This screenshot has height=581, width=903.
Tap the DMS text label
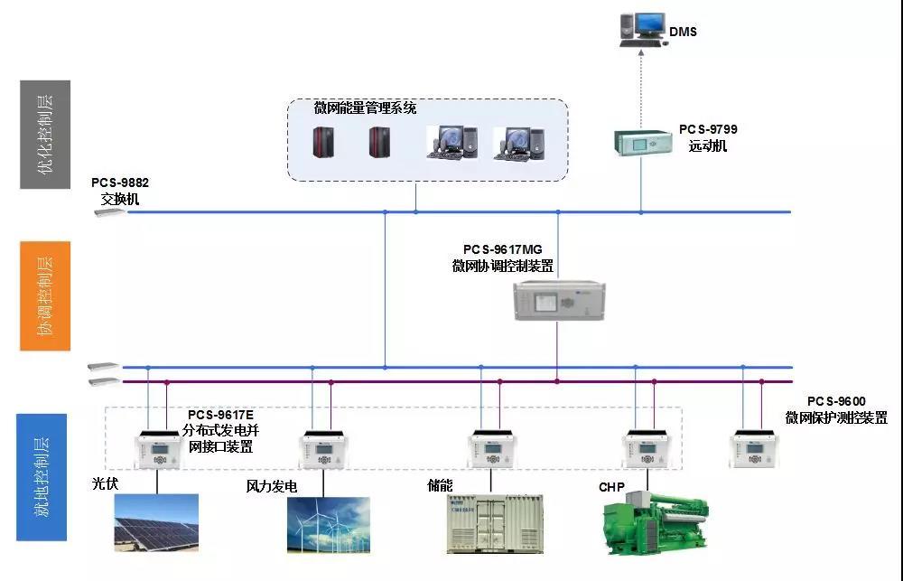click(x=683, y=33)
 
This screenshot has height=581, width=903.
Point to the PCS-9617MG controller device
click(x=558, y=300)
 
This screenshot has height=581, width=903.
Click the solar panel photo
click(x=156, y=524)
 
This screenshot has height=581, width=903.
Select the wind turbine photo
click(x=328, y=524)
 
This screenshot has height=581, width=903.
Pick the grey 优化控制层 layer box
click(x=44, y=135)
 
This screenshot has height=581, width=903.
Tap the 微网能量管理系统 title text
click(x=365, y=108)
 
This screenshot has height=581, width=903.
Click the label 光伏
click(x=105, y=483)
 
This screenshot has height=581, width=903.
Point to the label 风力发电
click(x=272, y=486)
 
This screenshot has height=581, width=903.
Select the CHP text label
click(x=611, y=487)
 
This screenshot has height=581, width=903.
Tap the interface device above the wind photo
click(x=324, y=449)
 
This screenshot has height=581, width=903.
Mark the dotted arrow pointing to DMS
click(x=641, y=86)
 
